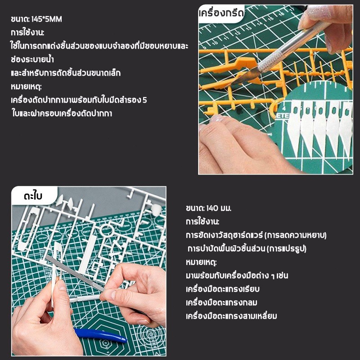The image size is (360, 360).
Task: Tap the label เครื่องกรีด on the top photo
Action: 221,13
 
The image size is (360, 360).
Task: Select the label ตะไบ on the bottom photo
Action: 33,196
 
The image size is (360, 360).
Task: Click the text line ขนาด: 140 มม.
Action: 208,208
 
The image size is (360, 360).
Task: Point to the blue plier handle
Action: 101,335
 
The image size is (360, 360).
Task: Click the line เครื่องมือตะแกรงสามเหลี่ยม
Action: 231,316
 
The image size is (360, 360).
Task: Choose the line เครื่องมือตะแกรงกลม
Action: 221,302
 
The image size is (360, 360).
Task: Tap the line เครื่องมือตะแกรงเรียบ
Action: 223,289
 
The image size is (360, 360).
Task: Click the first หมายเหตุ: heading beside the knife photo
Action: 27,87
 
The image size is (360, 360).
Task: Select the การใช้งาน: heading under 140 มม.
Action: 202,222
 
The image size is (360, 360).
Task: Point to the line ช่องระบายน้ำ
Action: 32,60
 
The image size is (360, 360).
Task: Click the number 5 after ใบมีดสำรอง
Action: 144,100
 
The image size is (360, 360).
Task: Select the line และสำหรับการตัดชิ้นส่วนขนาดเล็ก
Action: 66,73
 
